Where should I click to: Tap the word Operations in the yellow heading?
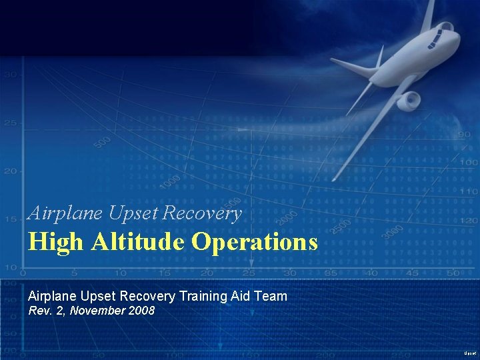pos(255,241)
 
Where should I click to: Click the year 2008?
pos(141,310)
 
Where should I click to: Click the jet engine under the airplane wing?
pos(409,101)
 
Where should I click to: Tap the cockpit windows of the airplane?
pos(439,37)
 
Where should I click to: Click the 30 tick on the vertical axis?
pos(10,75)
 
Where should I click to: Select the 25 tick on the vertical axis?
pos(10,123)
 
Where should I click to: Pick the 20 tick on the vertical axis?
pos(10,171)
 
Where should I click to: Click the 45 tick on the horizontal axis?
pos(413,273)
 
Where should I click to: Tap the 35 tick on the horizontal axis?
pos(331,273)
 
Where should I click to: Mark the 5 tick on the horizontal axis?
pos(74,273)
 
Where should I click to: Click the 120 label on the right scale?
pos(469,220)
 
